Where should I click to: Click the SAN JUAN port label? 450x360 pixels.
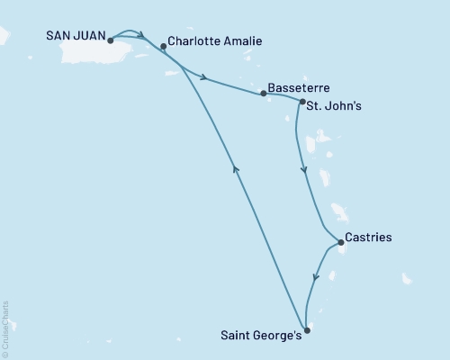(76, 39)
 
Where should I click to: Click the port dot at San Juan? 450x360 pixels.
(110, 40)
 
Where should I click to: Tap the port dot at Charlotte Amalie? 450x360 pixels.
(163, 46)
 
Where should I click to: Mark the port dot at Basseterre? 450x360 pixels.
(263, 93)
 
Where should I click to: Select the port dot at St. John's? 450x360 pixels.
(302, 103)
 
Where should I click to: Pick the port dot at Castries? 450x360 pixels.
(339, 241)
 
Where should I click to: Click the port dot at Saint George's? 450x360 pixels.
(307, 330)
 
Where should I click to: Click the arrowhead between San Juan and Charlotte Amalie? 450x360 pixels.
(140, 36)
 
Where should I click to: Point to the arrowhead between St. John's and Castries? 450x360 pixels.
(303, 169)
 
